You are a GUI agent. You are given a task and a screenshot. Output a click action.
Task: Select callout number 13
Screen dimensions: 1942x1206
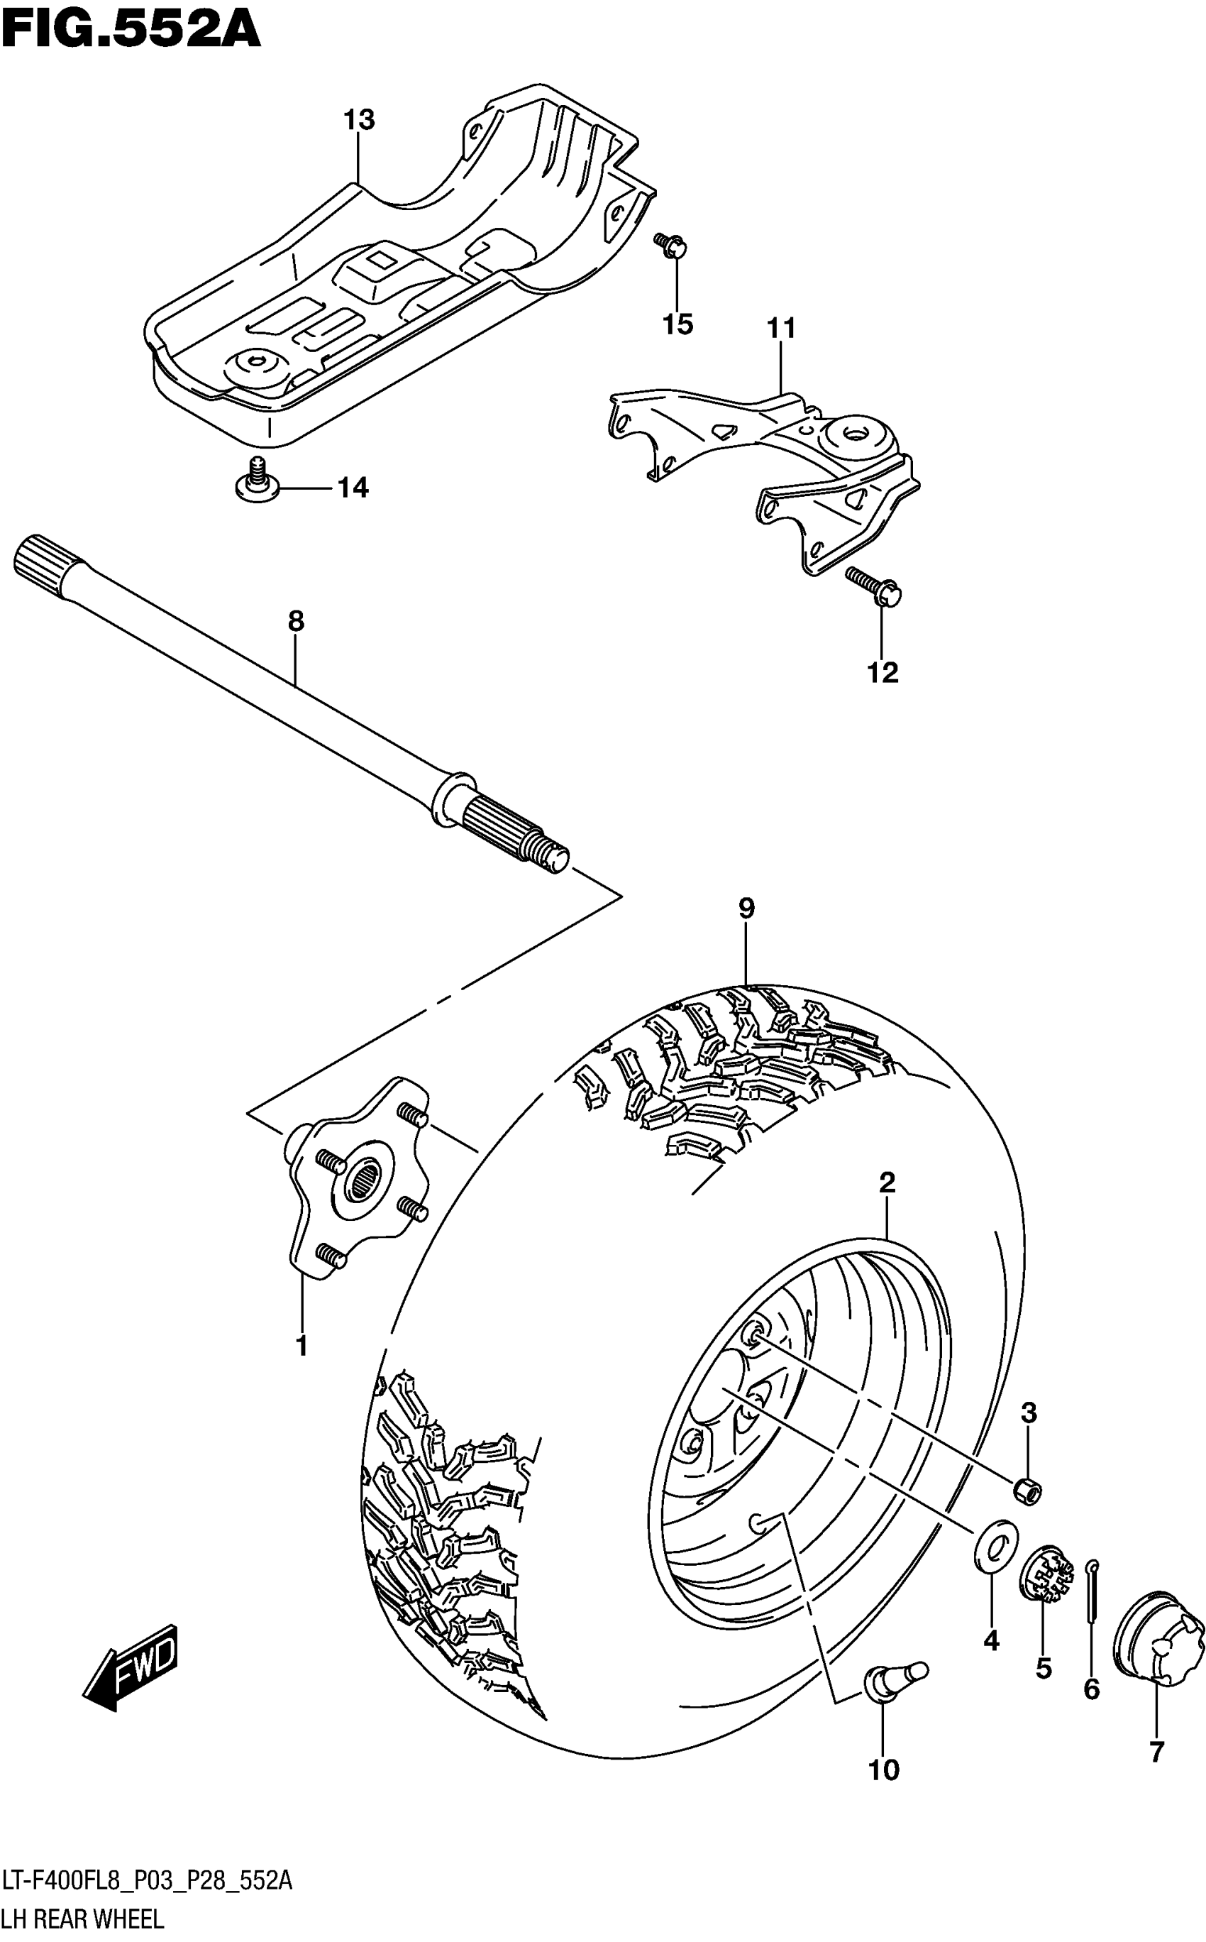[x=359, y=121]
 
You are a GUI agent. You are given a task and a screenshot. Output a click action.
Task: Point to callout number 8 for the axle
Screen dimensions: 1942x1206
[x=296, y=621]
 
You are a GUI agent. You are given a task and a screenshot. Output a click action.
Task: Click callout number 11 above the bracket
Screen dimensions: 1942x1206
[x=782, y=328]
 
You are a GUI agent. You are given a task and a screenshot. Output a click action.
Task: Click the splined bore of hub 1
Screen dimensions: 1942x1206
[x=368, y=1176]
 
